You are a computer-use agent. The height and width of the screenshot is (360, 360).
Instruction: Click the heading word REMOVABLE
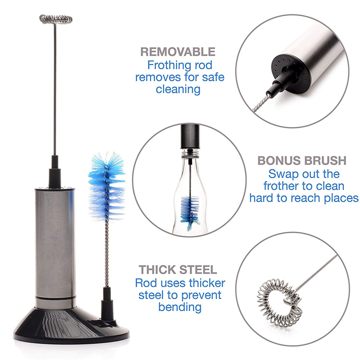click(178, 52)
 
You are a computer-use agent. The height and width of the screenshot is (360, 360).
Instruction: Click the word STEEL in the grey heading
click(198, 270)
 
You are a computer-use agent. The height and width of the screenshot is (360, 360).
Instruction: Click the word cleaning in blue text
click(178, 89)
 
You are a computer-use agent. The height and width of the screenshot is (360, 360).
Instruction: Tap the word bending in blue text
click(180, 307)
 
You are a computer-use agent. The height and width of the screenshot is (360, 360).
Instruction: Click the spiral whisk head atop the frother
click(56, 19)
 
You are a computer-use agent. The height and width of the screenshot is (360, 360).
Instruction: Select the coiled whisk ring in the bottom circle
click(279, 302)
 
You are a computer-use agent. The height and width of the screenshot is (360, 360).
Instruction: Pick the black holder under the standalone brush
click(107, 304)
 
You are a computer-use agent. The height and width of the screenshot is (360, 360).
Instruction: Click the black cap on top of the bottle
click(190, 136)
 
